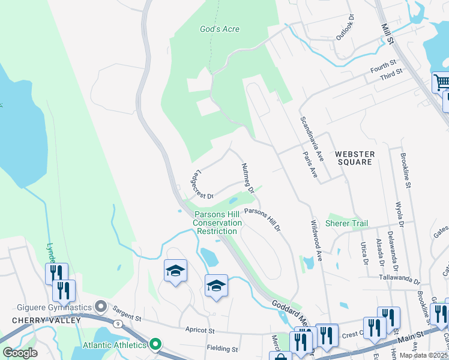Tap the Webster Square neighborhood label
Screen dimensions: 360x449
355,158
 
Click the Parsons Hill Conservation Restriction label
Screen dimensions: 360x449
217,223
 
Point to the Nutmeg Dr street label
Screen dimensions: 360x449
248,178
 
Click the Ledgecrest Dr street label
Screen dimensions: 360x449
202,186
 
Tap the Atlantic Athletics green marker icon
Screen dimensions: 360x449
155,344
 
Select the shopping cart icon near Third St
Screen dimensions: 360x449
442,82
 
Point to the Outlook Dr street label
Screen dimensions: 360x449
346,28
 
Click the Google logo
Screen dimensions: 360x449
20,352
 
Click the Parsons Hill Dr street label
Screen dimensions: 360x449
262,220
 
